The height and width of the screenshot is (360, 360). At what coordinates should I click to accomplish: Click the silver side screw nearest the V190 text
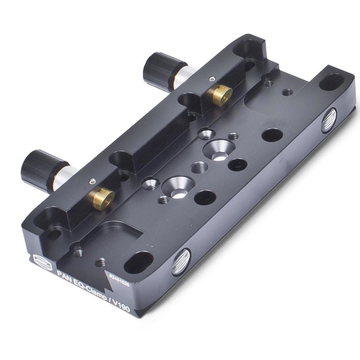(x=181, y=262)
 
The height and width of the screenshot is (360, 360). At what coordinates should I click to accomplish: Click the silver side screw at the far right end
(x=329, y=121)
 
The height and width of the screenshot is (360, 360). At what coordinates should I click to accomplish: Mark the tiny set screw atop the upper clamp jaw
(x=212, y=79)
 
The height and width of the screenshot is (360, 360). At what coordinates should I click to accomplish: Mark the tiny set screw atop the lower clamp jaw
(x=92, y=181)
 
